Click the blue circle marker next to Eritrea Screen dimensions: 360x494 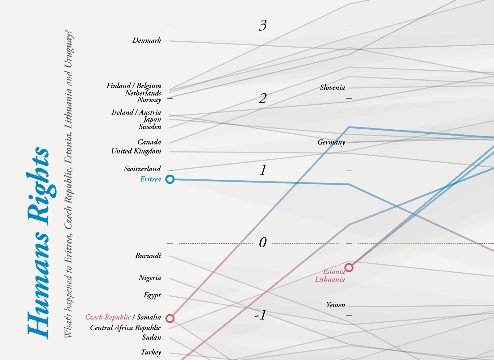[x=170, y=179]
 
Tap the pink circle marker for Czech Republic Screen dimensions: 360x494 [x=170, y=318]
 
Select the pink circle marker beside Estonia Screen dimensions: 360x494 [x=349, y=267]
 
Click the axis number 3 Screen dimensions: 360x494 [x=262, y=25]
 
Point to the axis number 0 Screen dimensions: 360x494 [x=262, y=243]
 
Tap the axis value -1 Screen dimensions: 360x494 [x=260, y=315]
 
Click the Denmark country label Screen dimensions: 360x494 [x=147, y=40]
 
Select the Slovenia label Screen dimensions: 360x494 [x=333, y=88]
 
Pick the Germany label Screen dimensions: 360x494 [x=331, y=142]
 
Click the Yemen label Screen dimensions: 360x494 [x=336, y=305]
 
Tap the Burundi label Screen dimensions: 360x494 [x=148, y=256]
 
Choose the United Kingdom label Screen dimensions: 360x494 [x=136, y=151]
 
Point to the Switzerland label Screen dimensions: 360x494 [x=142, y=169]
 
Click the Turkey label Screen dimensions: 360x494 [x=151, y=352]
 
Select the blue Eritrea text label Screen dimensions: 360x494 [x=150, y=179]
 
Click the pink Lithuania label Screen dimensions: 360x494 [x=330, y=279]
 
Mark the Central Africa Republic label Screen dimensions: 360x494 [x=125, y=328]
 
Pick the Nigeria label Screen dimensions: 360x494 [x=150, y=278]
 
